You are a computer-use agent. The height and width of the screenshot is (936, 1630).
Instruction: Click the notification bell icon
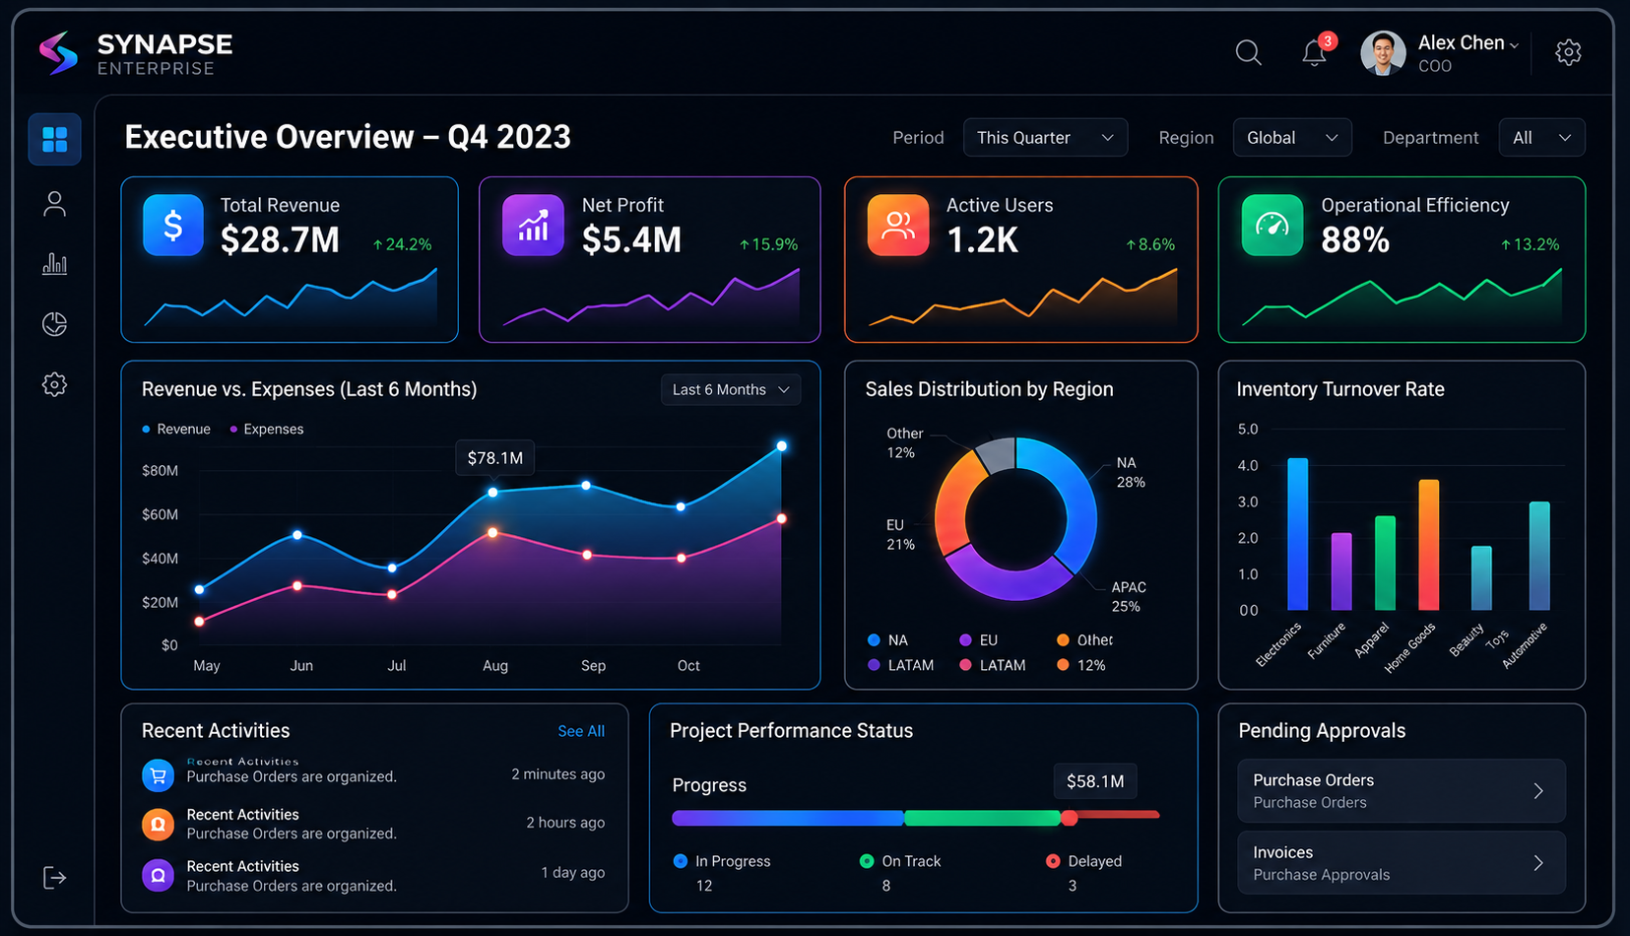click(x=1314, y=53)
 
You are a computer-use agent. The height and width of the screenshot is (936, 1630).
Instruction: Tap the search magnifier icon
click(x=1248, y=52)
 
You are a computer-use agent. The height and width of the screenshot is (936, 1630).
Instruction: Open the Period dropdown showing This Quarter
click(x=1045, y=138)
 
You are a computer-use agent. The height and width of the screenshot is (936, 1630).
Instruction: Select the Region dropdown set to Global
click(x=1291, y=138)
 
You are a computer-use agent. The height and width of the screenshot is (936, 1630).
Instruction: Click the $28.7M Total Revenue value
click(x=280, y=239)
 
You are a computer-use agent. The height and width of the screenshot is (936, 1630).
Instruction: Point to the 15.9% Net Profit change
click(x=768, y=244)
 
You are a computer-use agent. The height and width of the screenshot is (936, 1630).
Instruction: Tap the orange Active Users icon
click(x=898, y=225)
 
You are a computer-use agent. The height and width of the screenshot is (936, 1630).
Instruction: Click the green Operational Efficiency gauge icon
click(x=1271, y=225)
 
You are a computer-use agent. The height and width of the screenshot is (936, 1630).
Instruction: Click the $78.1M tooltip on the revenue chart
click(x=494, y=458)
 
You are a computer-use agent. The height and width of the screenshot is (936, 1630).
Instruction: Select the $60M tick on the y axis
click(x=161, y=514)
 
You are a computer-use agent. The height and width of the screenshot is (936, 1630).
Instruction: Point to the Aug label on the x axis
click(x=495, y=665)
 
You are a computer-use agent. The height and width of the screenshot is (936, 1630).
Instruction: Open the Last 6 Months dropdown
click(x=731, y=389)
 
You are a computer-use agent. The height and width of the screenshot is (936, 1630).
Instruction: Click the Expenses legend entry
click(x=266, y=430)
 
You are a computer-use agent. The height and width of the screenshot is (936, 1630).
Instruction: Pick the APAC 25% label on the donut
click(x=1129, y=597)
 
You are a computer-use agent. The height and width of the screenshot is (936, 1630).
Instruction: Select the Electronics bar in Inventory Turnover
click(x=1297, y=533)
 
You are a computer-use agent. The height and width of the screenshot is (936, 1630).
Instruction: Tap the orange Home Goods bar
click(x=1428, y=545)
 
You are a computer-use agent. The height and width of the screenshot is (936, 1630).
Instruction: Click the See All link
click(x=581, y=731)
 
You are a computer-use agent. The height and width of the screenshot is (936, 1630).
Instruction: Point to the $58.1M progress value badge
click(x=1095, y=781)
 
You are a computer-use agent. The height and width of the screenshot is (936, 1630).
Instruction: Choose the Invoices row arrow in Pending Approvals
click(x=1538, y=863)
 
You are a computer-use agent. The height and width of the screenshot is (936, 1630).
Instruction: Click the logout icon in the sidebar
click(x=54, y=878)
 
